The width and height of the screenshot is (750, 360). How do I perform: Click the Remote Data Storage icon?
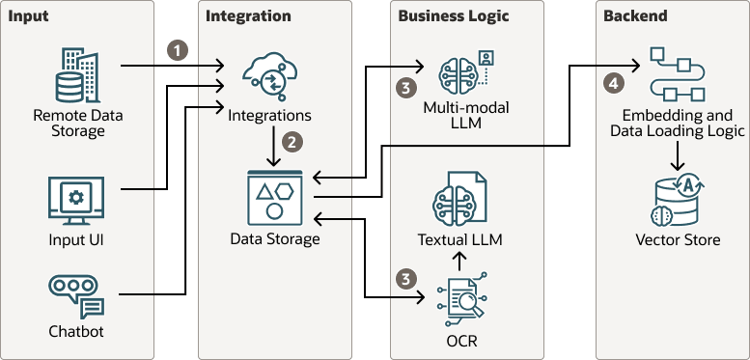coord(78,74)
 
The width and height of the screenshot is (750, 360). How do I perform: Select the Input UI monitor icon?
coord(76,201)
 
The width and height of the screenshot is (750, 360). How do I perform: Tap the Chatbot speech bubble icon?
coord(76,295)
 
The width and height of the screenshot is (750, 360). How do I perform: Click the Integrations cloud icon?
coord(267,76)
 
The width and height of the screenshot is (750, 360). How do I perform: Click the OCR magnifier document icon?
coord(460,302)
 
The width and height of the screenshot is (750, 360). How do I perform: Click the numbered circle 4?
coord(612,84)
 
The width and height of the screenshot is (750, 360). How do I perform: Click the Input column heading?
coord(30,16)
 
